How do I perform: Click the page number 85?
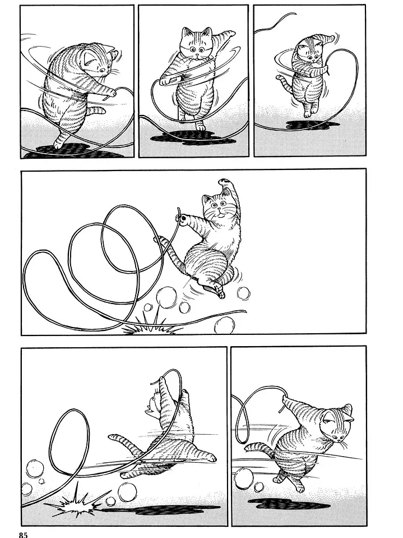coord(21,534)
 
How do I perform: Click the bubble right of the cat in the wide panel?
coord(244,293)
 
